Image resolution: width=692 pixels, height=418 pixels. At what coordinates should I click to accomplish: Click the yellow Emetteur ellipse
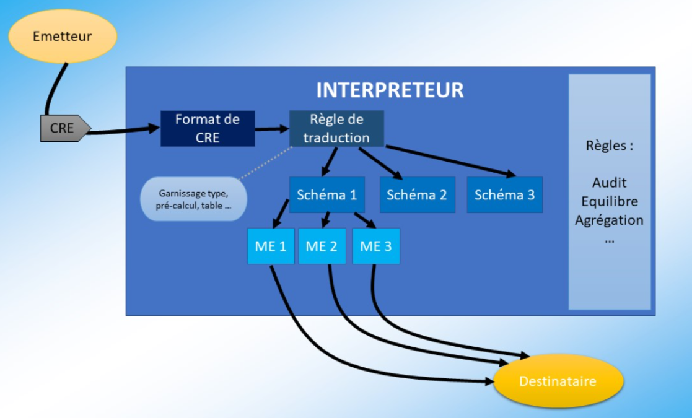(x=63, y=37)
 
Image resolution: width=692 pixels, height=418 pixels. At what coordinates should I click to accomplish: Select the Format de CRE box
(x=208, y=128)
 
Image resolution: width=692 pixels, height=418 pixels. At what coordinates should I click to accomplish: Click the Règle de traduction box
(x=336, y=129)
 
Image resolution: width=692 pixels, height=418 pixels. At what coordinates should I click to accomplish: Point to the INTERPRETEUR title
(x=390, y=90)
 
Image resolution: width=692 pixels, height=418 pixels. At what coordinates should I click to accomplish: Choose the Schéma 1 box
(x=326, y=194)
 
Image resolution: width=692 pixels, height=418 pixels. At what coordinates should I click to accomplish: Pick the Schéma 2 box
(x=417, y=194)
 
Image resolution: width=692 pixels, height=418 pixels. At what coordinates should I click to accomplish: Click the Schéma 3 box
(x=504, y=194)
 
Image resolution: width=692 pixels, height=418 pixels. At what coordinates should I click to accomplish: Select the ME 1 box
(x=271, y=246)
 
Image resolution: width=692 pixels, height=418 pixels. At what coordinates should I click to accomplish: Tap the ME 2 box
(x=322, y=246)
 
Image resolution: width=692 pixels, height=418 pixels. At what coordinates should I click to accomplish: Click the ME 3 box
(x=376, y=246)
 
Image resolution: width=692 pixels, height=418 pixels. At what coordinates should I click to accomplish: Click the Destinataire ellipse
(x=558, y=381)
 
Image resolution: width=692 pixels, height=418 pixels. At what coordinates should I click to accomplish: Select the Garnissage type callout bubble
(x=193, y=199)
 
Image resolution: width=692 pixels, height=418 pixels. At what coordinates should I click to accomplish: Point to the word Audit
(x=609, y=183)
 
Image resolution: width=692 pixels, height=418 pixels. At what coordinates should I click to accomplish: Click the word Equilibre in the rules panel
(x=609, y=201)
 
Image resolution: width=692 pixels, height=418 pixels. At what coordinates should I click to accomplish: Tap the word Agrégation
(x=609, y=220)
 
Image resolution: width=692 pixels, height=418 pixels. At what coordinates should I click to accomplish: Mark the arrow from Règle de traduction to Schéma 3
(x=452, y=160)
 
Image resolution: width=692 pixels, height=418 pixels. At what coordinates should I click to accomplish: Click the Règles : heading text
(x=609, y=146)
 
